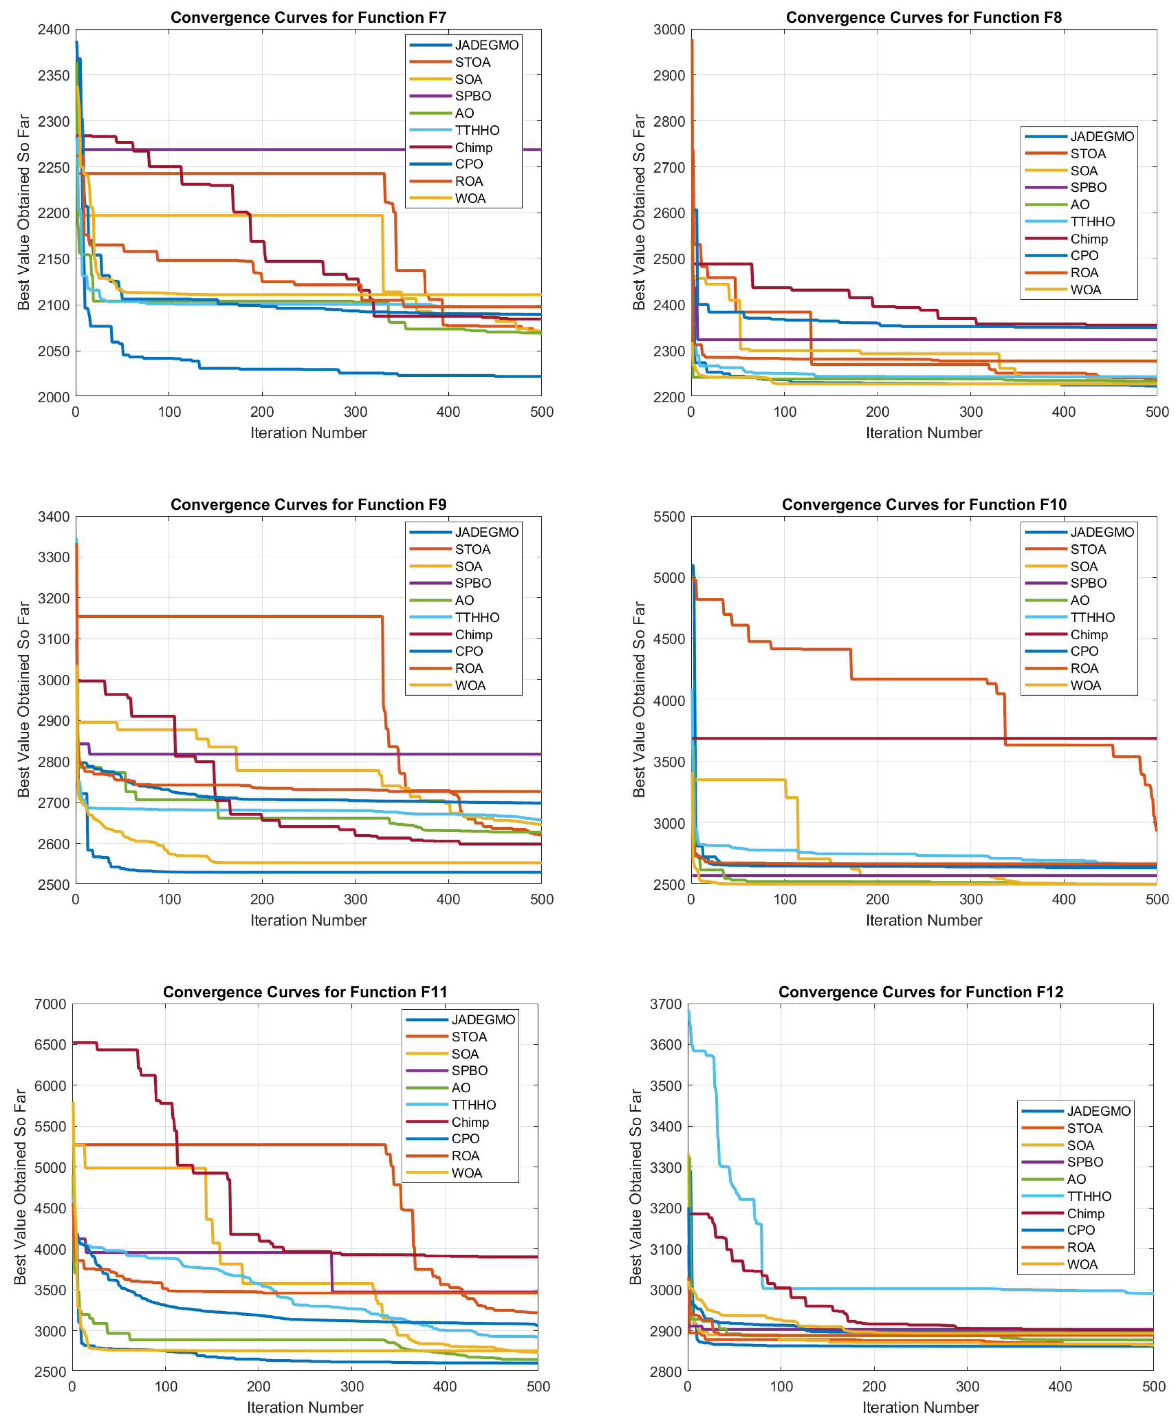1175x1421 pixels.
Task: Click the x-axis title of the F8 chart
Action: pyautogui.click(x=923, y=433)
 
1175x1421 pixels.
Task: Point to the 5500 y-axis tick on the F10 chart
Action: pyautogui.click(x=668, y=517)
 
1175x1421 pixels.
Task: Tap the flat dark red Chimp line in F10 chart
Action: pyautogui.click(x=879, y=738)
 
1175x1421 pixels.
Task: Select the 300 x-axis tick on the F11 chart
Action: pyautogui.click(x=352, y=1387)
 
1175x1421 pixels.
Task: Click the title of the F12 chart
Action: pyautogui.click(x=920, y=992)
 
